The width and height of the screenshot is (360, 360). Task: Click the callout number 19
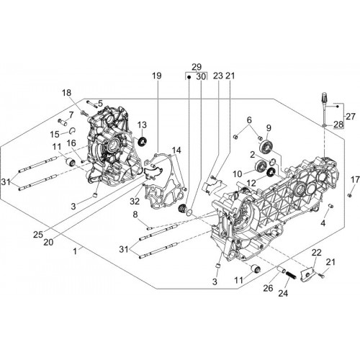coord(157,76)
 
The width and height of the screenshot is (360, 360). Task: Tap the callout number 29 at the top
coord(197,67)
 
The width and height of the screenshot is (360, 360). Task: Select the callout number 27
coord(350,117)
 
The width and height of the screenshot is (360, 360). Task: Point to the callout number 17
coord(355,179)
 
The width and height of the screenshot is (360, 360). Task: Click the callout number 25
coord(38,235)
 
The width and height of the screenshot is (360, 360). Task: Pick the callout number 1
coord(75,251)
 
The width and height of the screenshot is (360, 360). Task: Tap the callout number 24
coord(283,293)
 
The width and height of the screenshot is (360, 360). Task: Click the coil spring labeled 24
coord(291,275)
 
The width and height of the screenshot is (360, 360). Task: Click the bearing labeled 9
coord(266,146)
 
